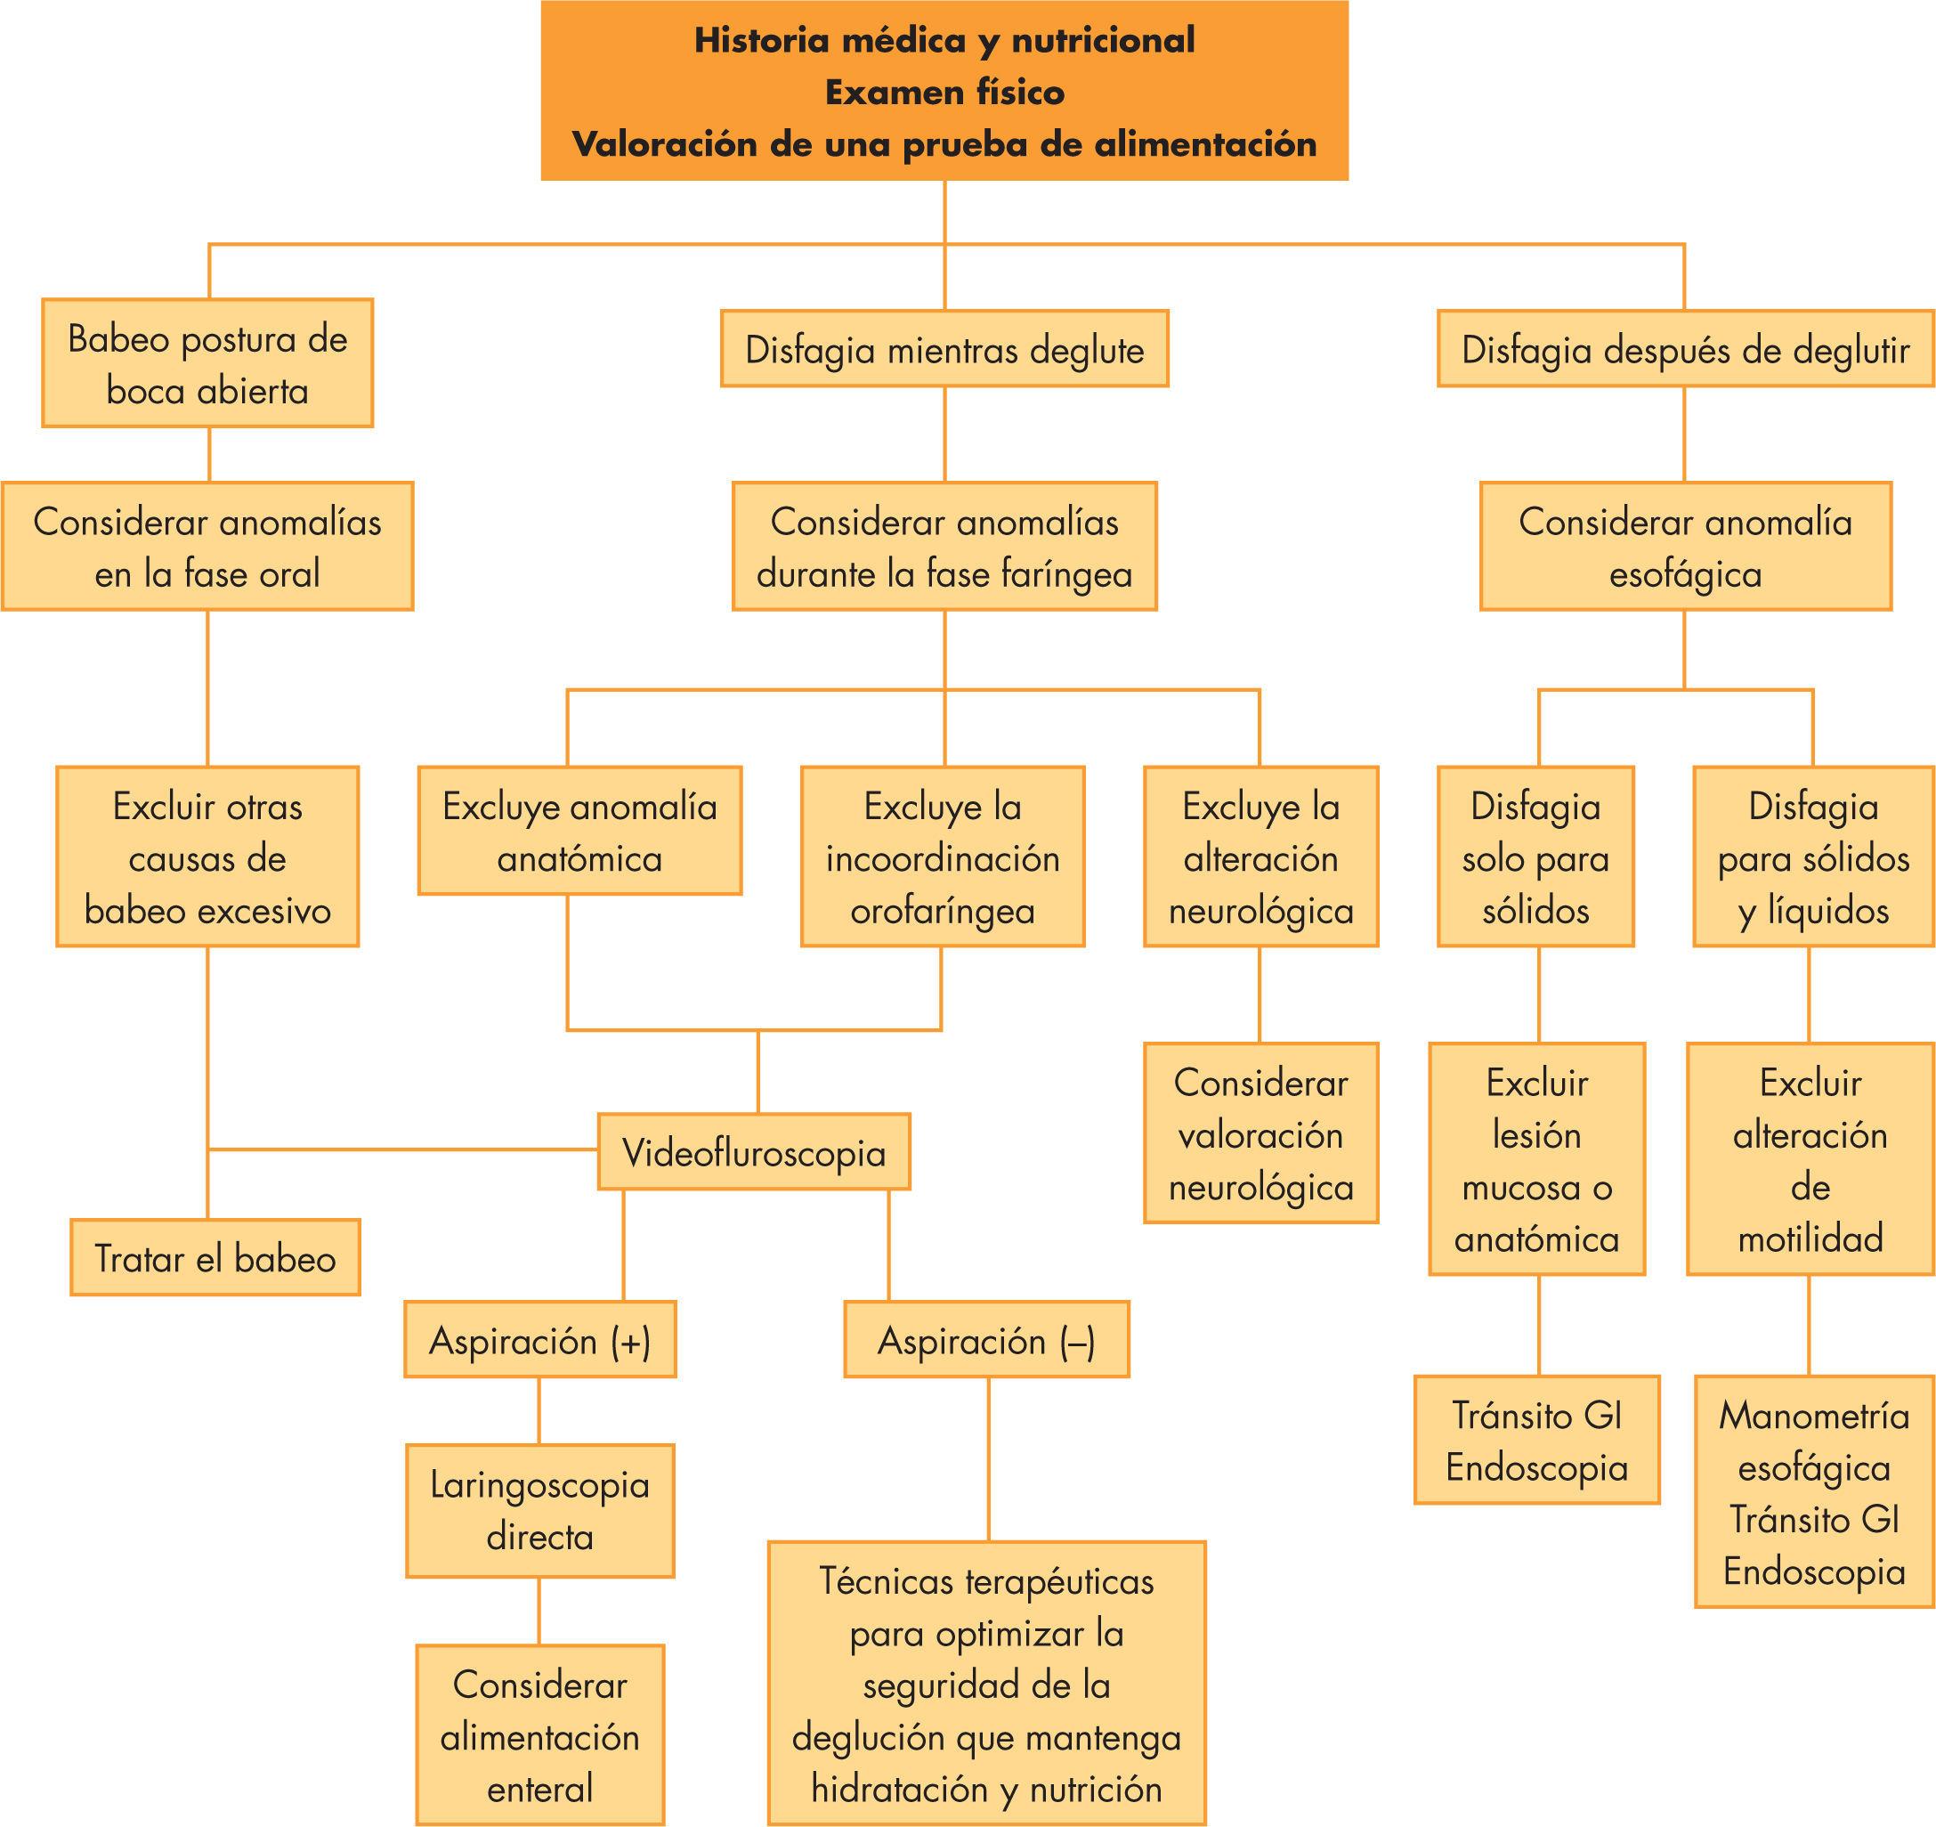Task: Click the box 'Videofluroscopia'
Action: (753, 1152)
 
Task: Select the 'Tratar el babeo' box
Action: (215, 1257)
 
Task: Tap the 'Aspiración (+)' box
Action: (539, 1340)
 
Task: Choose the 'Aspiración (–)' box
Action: (985, 1340)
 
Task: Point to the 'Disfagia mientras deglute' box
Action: (944, 349)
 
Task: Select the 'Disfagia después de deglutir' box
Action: (1685, 349)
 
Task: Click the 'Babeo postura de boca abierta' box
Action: (207, 363)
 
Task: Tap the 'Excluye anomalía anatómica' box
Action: (579, 831)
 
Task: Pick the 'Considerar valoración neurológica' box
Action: (1260, 1133)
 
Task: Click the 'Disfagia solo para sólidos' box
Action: (1535, 857)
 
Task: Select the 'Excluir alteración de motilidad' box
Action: (1810, 1159)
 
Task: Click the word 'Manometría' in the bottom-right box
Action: (1813, 1415)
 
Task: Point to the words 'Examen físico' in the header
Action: (944, 93)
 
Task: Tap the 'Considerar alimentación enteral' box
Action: (539, 1735)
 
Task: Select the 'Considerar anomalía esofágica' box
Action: (1685, 547)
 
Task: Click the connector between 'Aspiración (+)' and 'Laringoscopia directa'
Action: (539, 1410)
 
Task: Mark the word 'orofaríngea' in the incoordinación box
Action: (942, 911)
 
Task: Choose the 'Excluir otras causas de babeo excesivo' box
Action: (207, 857)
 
